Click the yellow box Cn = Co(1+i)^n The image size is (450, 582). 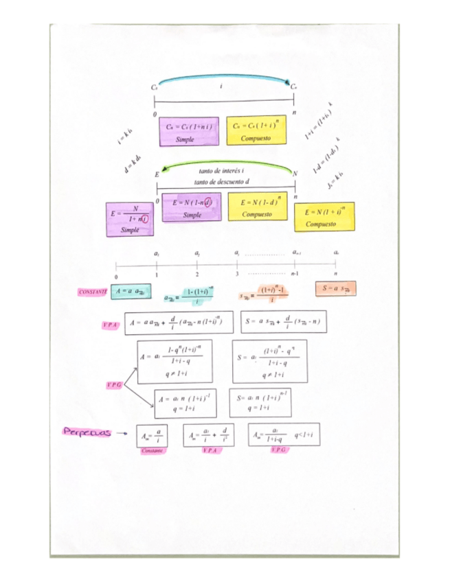[257, 131]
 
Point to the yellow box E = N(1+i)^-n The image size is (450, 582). [324, 216]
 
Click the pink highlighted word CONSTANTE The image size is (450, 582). [93, 292]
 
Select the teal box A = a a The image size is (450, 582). [131, 291]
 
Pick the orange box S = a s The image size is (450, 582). [336, 289]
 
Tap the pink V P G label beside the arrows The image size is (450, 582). [113, 386]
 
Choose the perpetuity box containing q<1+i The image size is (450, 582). [283, 434]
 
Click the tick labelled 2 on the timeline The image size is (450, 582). [197, 266]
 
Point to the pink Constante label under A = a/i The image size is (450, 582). [151, 451]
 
